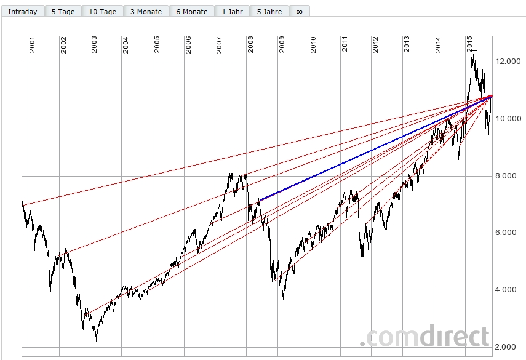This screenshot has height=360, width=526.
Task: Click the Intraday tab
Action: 23,12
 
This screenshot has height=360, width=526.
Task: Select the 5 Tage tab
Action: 63,12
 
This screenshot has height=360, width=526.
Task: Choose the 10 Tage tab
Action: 102,12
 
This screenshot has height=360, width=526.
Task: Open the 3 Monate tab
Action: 146,12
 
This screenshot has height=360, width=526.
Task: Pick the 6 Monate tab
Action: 192,12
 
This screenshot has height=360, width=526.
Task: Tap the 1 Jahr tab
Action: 232,12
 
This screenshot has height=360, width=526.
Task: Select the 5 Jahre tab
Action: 269,12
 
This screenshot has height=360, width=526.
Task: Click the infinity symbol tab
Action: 299,12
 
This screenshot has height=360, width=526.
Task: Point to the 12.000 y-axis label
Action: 508,62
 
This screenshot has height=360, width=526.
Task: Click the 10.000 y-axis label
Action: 508,119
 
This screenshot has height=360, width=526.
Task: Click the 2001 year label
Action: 32,45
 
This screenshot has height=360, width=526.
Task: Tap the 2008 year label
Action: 250,45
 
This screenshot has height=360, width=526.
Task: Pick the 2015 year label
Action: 469,45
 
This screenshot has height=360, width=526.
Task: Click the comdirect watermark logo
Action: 424,337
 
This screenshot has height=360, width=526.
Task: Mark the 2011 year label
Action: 345,45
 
